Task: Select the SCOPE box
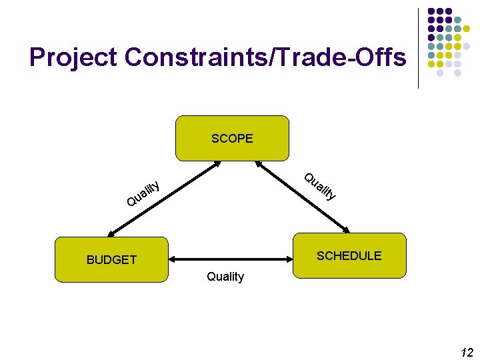(232, 139)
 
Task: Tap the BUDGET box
(112, 259)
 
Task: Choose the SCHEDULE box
(349, 255)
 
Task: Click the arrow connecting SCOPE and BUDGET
(163, 199)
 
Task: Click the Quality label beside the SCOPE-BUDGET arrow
(143, 191)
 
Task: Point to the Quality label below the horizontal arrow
(225, 277)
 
